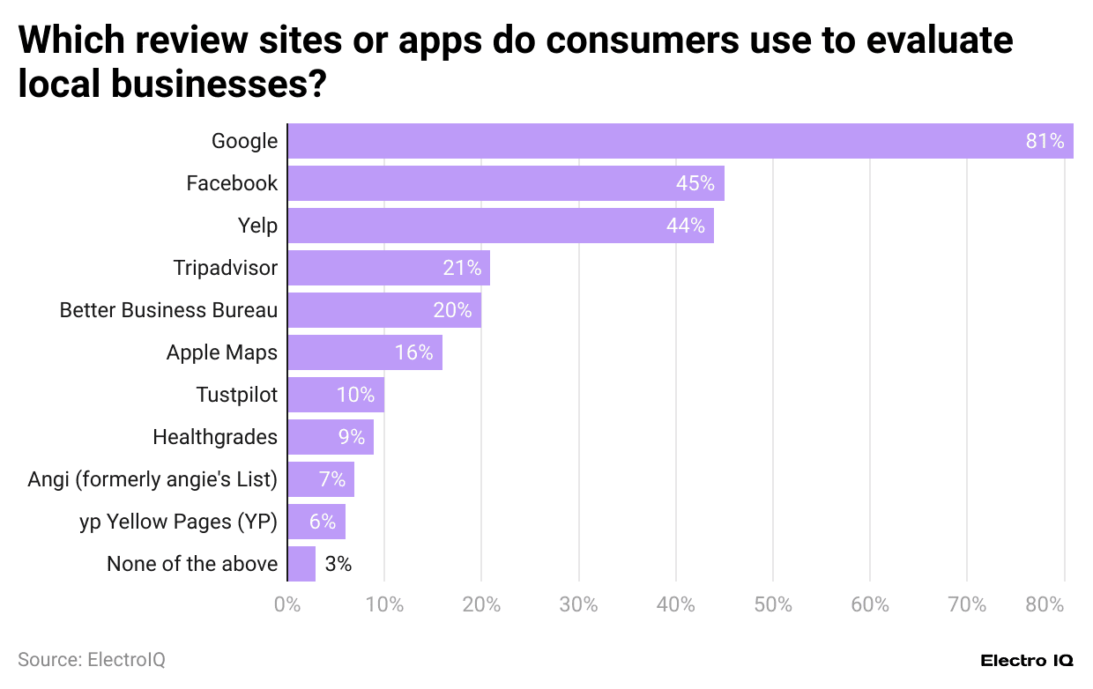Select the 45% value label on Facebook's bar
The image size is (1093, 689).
coord(695,183)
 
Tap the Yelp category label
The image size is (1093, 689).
coord(257,226)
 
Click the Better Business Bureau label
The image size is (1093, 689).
coord(168,310)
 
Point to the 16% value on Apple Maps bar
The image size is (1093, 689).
coord(413,352)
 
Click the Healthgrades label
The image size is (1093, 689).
coord(215,437)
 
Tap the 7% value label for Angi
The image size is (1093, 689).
coord(332,479)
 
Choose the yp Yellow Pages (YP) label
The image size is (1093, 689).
coord(178,522)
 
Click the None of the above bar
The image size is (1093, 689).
coord(301,564)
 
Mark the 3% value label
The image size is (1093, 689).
coord(338,564)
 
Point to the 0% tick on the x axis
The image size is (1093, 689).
coord(287,605)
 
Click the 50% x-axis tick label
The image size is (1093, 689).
coord(772,605)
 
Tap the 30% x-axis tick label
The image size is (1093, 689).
coord(578,605)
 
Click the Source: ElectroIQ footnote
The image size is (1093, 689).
coord(92,659)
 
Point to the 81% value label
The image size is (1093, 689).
coord(1045,141)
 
